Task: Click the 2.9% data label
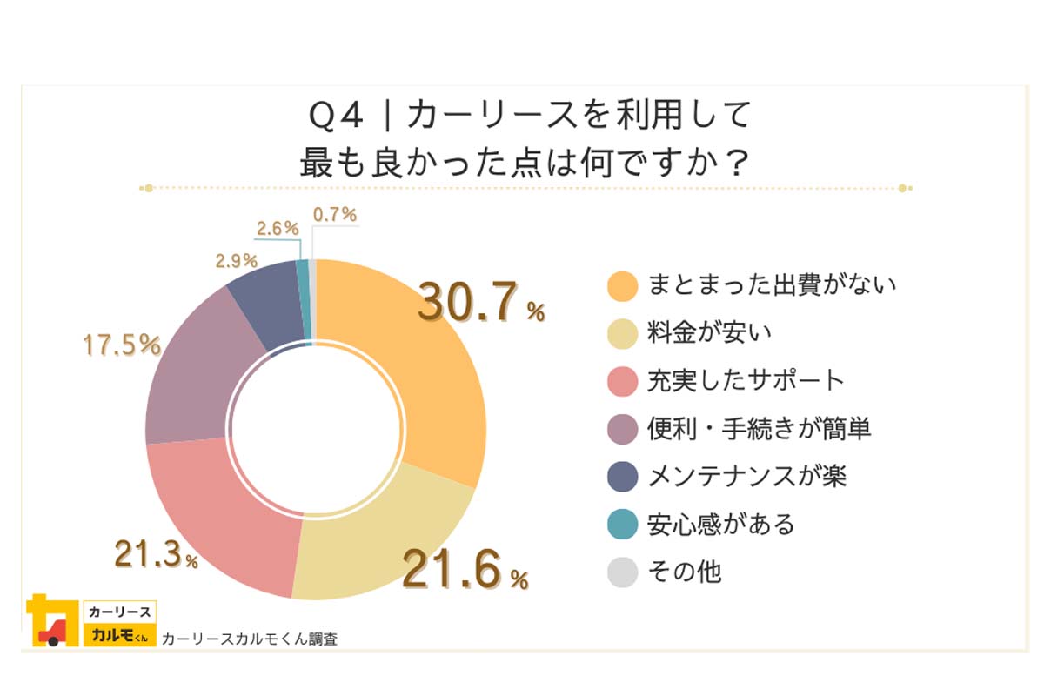[235, 260]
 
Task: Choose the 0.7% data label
[335, 214]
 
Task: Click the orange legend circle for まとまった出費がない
[623, 284]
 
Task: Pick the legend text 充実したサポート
[746, 380]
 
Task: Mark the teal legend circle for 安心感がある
[623, 524]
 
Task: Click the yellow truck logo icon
[49, 620]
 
